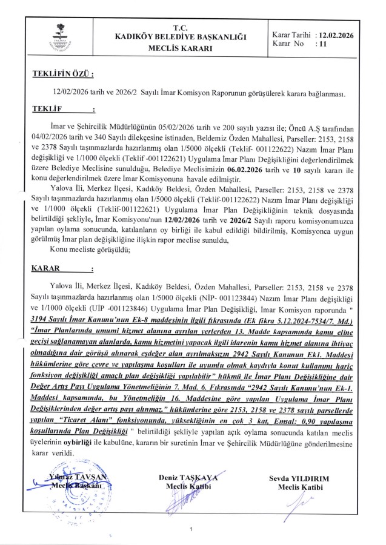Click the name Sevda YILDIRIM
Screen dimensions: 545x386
coord(301,478)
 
